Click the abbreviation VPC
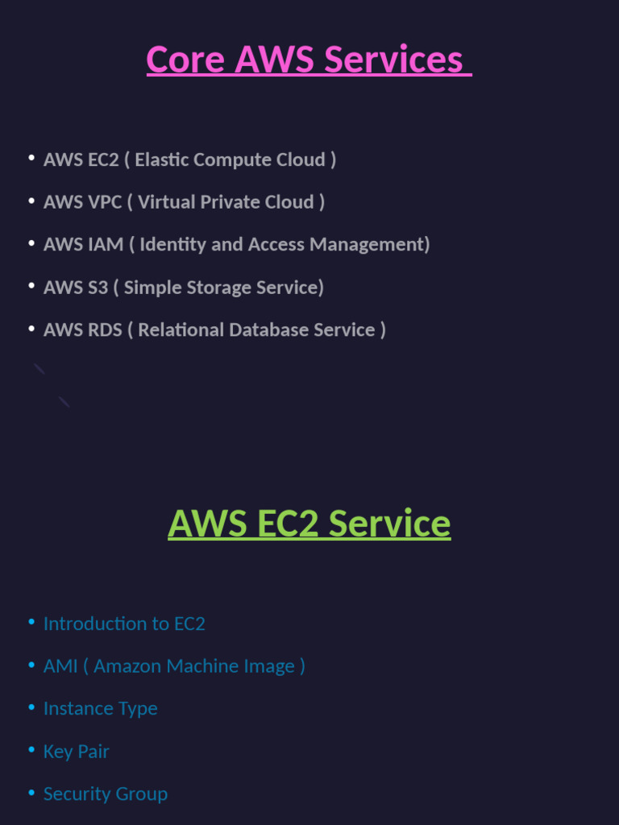pyautogui.click(x=105, y=202)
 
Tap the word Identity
pyautogui.click(x=172, y=244)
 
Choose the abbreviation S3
pyautogui.click(x=98, y=287)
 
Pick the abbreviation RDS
pyautogui.click(x=106, y=330)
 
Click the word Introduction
pyautogui.click(x=94, y=624)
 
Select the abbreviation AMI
pyautogui.click(x=60, y=666)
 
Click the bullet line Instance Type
pyautogui.click(x=100, y=709)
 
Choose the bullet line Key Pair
pyautogui.click(x=76, y=752)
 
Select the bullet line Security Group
pyautogui.click(x=105, y=794)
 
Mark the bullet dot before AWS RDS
pyautogui.click(x=31, y=328)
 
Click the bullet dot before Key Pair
pyautogui.click(x=31, y=750)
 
